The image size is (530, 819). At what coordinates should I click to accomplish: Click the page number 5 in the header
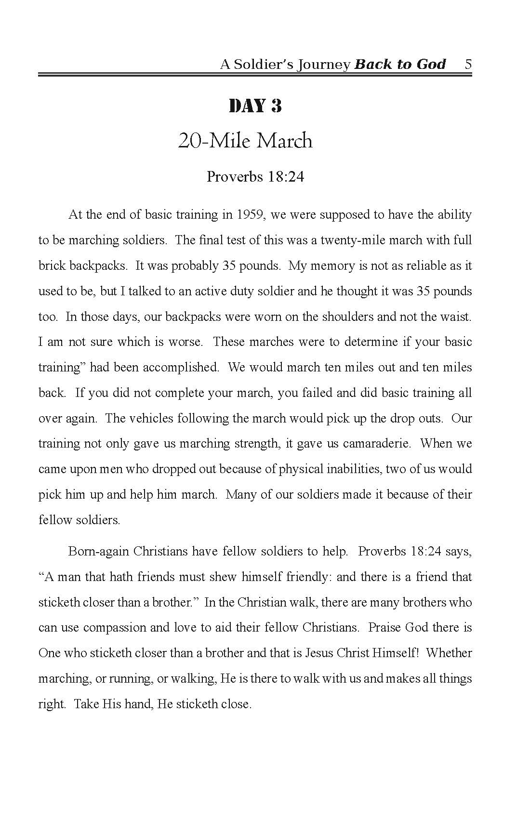[468, 64]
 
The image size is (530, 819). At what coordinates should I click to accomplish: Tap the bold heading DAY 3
[255, 106]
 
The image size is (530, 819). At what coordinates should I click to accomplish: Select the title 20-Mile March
[245, 141]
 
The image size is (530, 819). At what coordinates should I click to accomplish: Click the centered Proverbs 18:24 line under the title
[255, 177]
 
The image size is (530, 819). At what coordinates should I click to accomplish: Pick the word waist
[458, 317]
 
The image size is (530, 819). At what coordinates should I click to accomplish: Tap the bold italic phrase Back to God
[400, 64]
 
